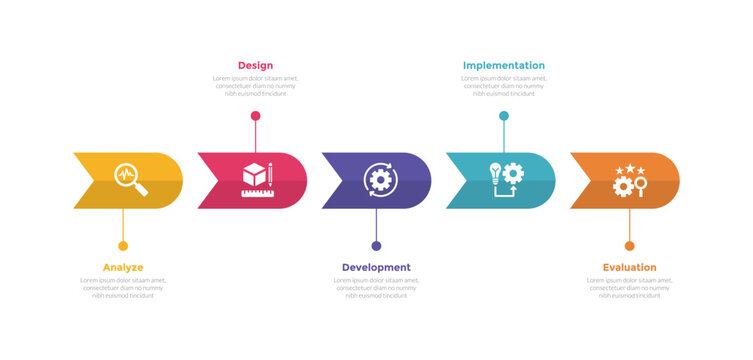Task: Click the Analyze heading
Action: (x=123, y=267)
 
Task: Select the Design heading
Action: (x=255, y=66)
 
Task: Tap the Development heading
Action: (x=376, y=267)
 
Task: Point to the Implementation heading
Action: (x=504, y=66)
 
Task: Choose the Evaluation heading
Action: (x=629, y=267)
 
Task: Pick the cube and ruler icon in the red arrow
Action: (x=255, y=177)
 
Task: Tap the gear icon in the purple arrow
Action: (x=379, y=180)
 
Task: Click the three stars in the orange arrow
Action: (x=630, y=169)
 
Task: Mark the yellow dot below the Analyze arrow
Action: (x=123, y=246)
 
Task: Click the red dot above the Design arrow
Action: (x=255, y=116)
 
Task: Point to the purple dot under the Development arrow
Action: (x=376, y=246)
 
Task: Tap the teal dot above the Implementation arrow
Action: (x=504, y=116)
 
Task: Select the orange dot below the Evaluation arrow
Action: (x=629, y=246)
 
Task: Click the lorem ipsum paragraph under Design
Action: (x=255, y=86)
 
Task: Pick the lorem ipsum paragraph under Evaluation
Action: (x=629, y=288)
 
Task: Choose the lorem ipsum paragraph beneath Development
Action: (x=376, y=288)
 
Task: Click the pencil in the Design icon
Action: (x=270, y=174)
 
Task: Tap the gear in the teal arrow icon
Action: (x=513, y=171)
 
